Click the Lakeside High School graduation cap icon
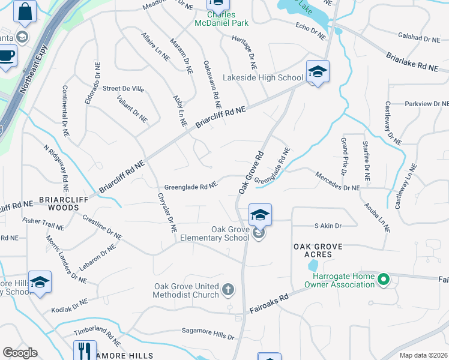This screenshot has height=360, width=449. coord(317,72)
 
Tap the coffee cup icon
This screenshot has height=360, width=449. coord(6,55)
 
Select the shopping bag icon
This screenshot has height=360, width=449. coord(25,11)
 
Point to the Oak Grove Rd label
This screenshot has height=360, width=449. coord(251,172)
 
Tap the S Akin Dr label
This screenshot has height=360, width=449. coord(328,226)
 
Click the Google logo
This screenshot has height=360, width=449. coord(20,353)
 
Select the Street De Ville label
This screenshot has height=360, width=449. coord(123,89)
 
